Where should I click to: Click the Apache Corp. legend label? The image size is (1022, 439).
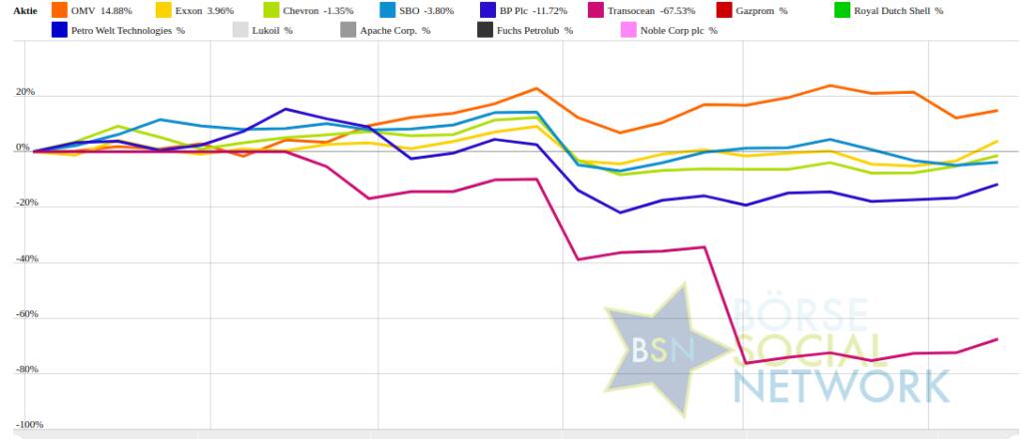[x=395, y=31]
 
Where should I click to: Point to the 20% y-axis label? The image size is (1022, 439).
[x=23, y=93]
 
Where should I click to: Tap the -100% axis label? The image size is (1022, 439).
[x=22, y=425]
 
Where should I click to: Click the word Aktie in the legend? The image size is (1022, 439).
[x=24, y=11]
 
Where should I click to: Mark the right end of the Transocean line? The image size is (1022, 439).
[x=997, y=339]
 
